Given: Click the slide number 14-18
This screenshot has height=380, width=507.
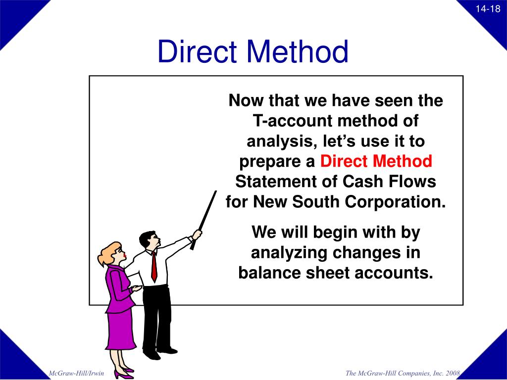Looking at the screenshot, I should click(x=488, y=9).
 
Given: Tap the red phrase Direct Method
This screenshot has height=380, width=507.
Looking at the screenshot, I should click(x=376, y=161).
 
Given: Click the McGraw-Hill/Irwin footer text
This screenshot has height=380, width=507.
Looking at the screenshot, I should click(x=76, y=373).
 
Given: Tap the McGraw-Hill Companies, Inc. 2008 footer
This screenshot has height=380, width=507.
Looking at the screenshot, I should click(x=403, y=373).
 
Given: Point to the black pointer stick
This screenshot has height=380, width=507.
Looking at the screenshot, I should click(x=204, y=218).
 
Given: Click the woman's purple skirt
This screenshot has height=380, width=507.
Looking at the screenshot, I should click(x=120, y=329).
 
